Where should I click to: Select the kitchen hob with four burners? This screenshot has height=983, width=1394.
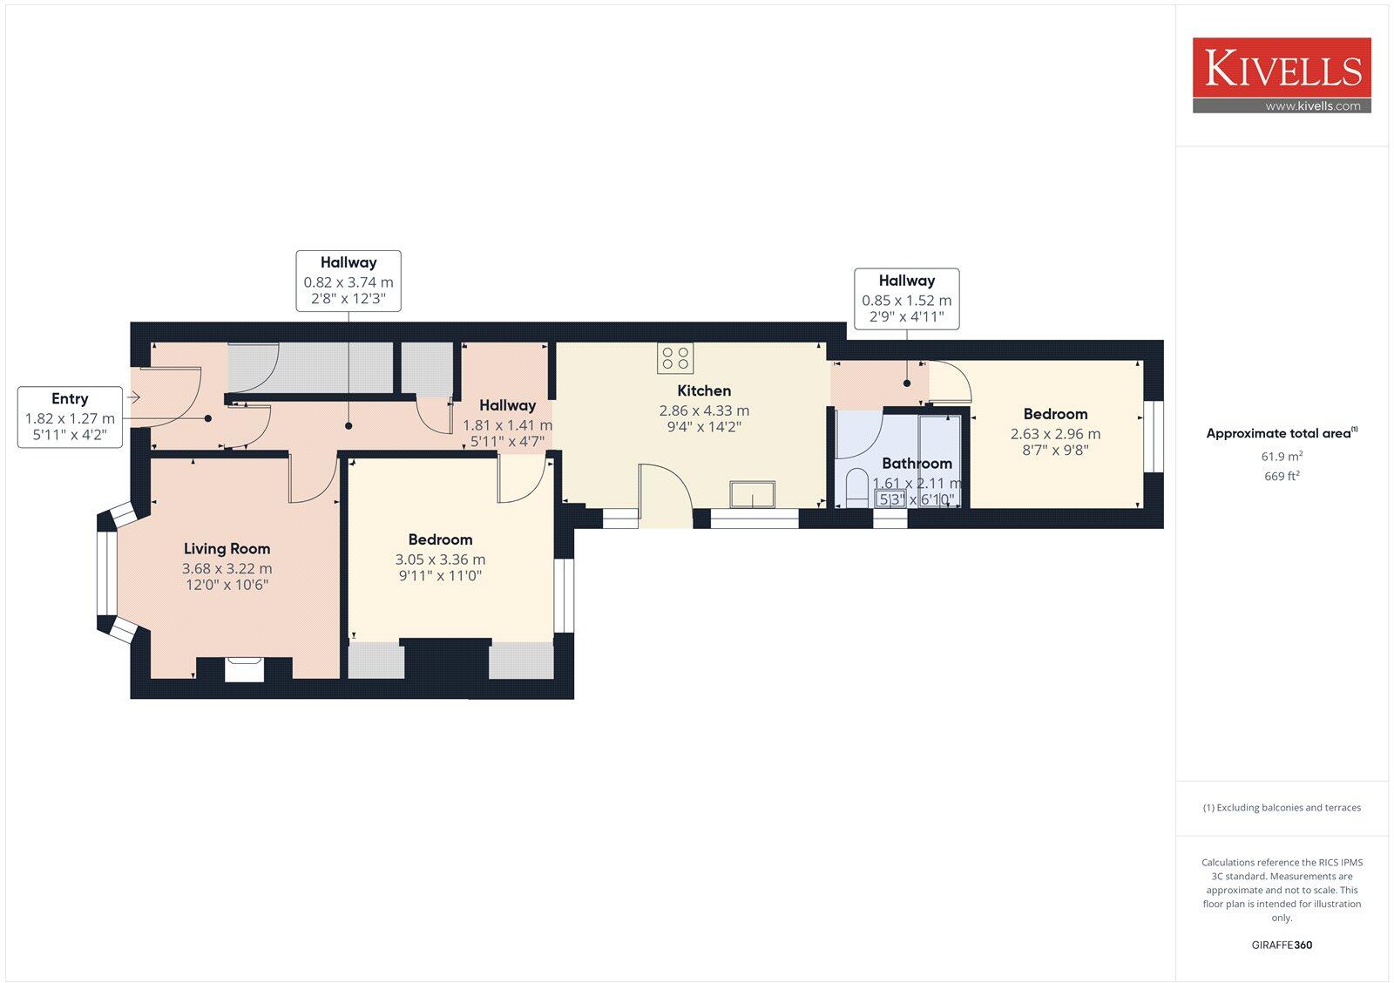click(675, 357)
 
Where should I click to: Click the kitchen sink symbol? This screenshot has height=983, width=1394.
click(752, 494)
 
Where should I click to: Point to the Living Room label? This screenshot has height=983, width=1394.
click(227, 549)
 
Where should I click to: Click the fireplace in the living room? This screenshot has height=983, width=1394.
click(244, 669)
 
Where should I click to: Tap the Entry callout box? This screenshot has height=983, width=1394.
click(70, 417)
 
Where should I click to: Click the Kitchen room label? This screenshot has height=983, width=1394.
click(704, 390)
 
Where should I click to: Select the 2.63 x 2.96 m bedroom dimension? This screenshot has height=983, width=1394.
click(1055, 433)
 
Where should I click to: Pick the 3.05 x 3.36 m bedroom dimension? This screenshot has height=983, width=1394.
click(440, 559)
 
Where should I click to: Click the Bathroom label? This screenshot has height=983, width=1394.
click(917, 464)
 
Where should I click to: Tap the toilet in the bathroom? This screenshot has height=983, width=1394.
click(856, 488)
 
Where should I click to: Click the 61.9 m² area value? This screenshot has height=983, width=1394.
click(1282, 457)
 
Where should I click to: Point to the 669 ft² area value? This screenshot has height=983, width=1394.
click(1282, 477)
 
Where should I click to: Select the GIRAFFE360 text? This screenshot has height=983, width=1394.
click(1282, 945)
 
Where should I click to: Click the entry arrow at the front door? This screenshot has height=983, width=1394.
click(133, 397)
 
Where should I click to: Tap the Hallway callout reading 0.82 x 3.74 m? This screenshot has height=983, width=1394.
click(348, 281)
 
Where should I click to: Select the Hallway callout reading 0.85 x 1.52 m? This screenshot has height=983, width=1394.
click(906, 299)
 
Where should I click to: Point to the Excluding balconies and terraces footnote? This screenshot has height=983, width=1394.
click(1282, 808)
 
